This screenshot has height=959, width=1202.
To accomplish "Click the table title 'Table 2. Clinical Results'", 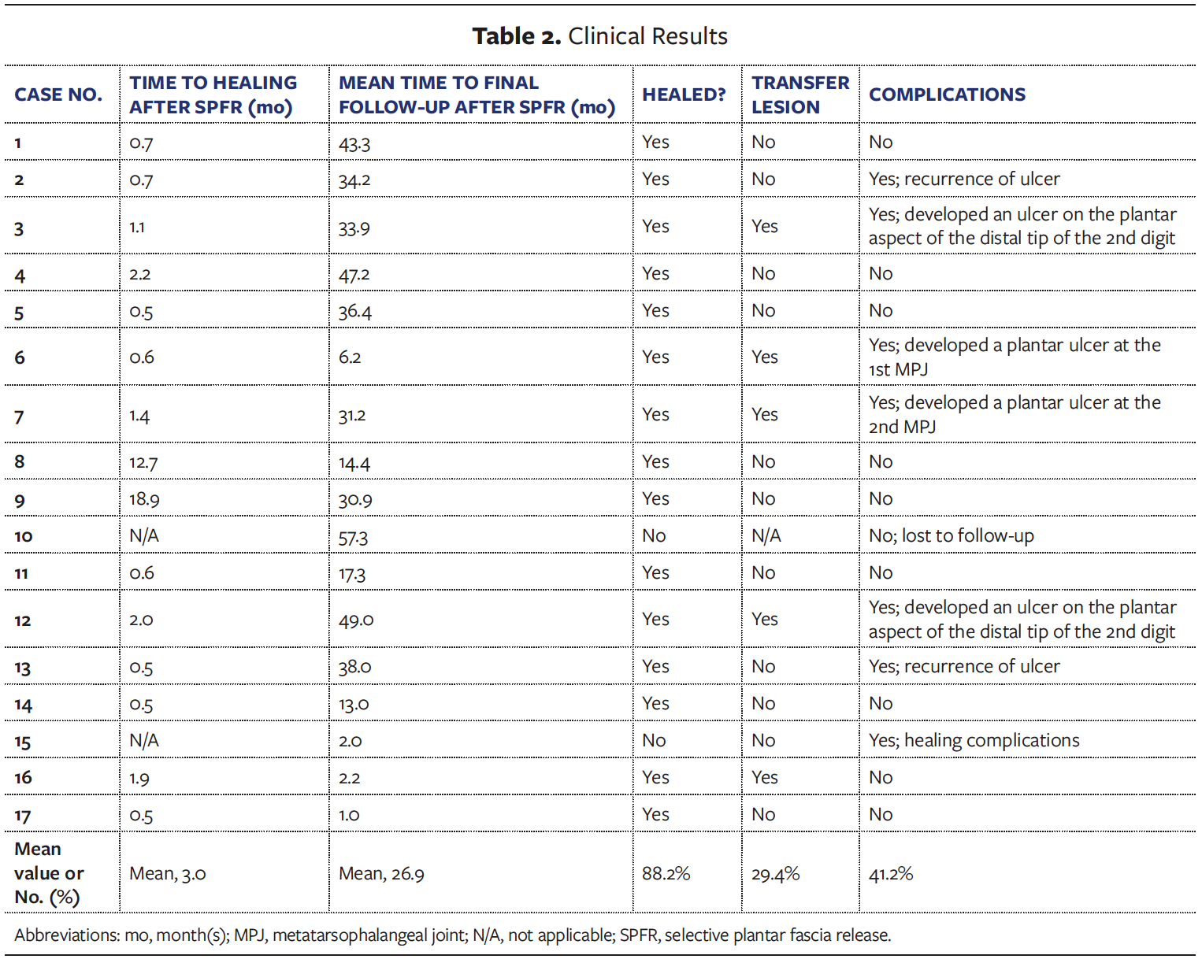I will (599, 36).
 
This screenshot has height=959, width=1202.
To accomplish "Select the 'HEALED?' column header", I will (684, 94).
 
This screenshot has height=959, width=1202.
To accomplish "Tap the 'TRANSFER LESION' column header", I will (800, 94).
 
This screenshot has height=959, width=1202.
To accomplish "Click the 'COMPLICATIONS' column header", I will (947, 94).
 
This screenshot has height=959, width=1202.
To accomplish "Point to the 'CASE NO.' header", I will (58, 94).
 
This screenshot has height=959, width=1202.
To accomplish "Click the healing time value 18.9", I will (144, 499).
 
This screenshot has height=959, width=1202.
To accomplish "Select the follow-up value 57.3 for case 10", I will (353, 537).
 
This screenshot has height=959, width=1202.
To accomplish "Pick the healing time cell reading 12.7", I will (143, 462).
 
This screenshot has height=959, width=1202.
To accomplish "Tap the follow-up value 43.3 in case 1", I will (354, 143).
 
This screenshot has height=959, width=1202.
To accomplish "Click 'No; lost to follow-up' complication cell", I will (951, 536).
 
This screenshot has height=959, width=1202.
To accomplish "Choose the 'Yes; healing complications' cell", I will (974, 740).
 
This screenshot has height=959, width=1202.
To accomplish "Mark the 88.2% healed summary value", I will (666, 873).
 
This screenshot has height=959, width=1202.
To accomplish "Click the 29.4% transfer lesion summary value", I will (775, 873).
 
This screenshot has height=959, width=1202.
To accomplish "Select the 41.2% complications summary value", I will (890, 873).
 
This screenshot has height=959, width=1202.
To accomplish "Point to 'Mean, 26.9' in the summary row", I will (381, 873).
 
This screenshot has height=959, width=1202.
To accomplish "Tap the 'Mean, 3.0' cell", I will (168, 873).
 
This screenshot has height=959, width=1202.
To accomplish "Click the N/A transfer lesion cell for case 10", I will (766, 536).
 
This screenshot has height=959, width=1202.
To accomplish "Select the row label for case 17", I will (22, 816).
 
